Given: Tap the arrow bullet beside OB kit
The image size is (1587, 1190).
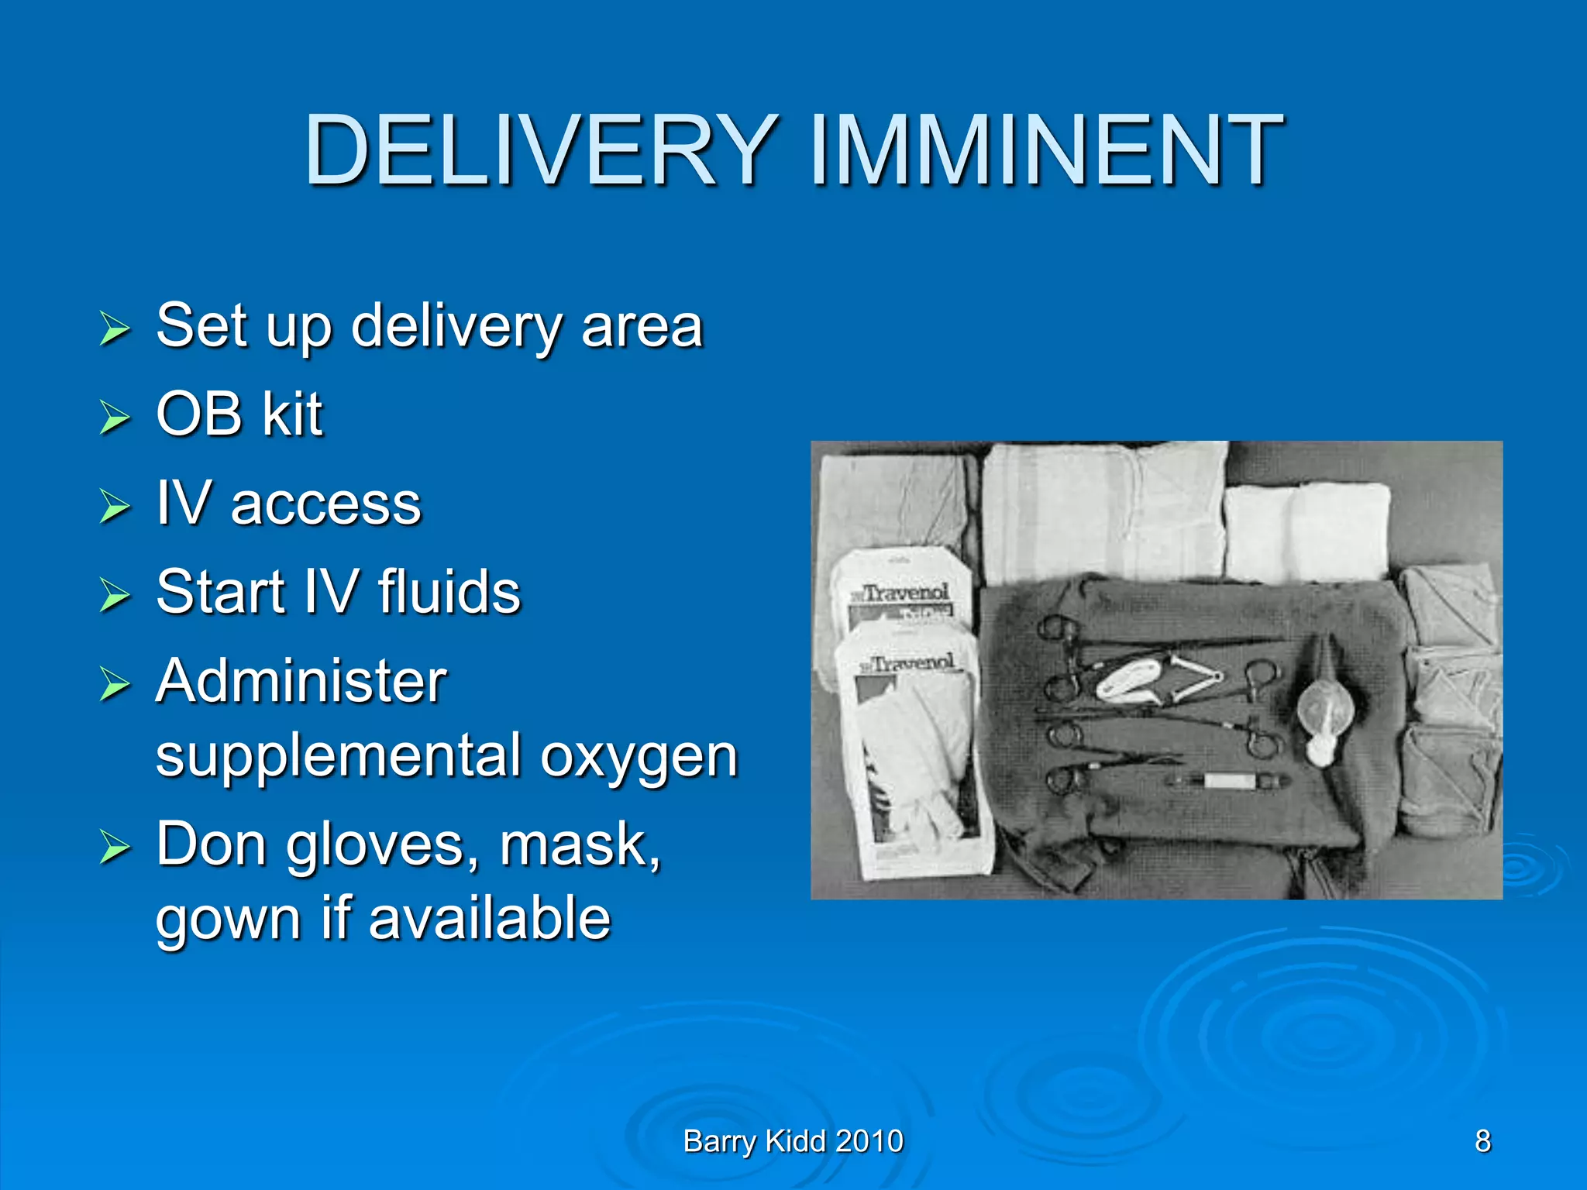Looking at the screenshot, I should point(115,418).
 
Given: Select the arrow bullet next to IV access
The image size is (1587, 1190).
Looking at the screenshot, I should point(115,507).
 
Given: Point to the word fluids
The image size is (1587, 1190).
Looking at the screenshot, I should point(449,593).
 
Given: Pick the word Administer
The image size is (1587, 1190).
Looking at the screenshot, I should point(301,682).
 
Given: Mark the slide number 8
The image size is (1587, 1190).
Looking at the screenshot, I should point(1482,1141).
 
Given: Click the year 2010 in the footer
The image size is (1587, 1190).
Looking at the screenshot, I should point(869,1141).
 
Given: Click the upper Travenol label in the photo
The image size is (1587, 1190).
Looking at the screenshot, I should point(904,593).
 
